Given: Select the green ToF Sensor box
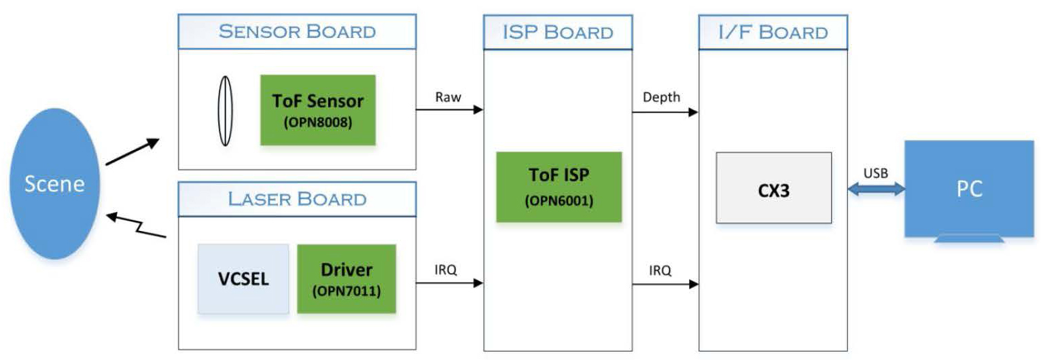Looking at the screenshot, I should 318,110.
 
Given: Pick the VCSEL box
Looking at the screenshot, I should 243,278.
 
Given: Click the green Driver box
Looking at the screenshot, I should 347,278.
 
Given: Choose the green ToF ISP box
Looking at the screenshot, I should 559,187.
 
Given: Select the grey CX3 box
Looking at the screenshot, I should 773,187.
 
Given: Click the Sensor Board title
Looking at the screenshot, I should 297,31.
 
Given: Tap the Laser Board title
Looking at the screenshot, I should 297,199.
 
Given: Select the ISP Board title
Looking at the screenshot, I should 558,32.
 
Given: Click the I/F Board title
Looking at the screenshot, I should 773,32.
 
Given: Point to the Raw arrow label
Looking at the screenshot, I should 448,97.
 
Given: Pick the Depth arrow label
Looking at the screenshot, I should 660,97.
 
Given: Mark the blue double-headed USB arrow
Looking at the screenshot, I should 876,190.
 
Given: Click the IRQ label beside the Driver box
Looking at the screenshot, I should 445,270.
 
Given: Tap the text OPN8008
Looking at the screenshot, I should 318,124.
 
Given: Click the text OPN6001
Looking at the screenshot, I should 559,202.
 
